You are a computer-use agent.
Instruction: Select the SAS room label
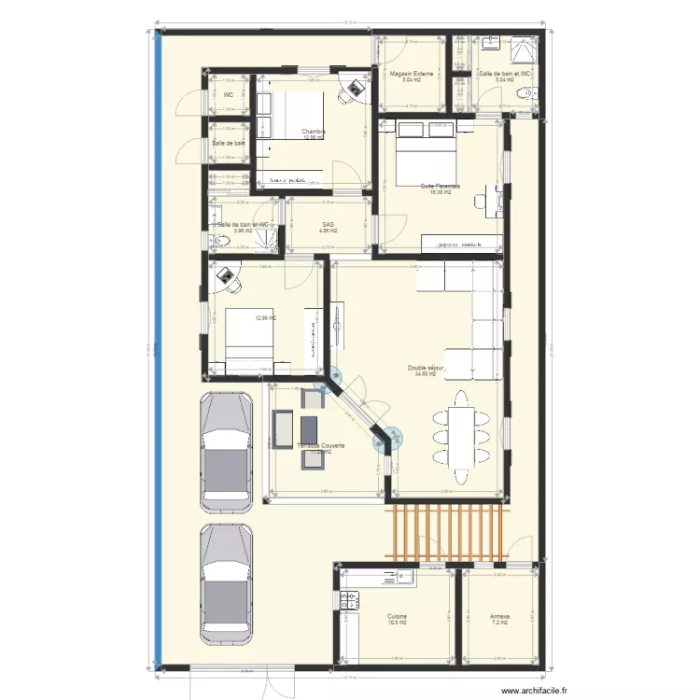328,224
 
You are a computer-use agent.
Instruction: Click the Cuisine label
397,616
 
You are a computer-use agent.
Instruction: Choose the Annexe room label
499,616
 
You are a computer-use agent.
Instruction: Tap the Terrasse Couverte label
321,446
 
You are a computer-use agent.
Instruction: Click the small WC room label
227,95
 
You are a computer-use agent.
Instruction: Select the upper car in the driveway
227,453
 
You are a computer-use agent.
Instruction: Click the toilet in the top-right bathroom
529,92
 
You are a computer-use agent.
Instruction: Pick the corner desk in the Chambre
352,91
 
